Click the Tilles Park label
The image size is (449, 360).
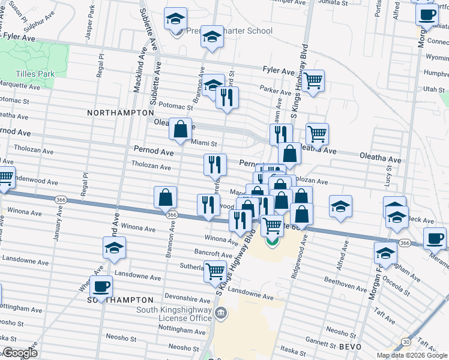pos(35,74)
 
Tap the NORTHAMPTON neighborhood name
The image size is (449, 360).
pos(120,113)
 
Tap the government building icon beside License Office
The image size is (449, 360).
pos(221,313)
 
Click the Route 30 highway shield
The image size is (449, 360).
pos(406,341)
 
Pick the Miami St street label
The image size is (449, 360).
pos(203,142)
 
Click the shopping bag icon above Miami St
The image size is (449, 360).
pos(180,129)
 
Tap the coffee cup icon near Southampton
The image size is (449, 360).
pos(101,287)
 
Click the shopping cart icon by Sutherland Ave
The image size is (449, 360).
pos(215,271)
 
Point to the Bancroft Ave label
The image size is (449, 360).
pos(209,253)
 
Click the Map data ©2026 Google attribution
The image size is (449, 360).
pos(411,355)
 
